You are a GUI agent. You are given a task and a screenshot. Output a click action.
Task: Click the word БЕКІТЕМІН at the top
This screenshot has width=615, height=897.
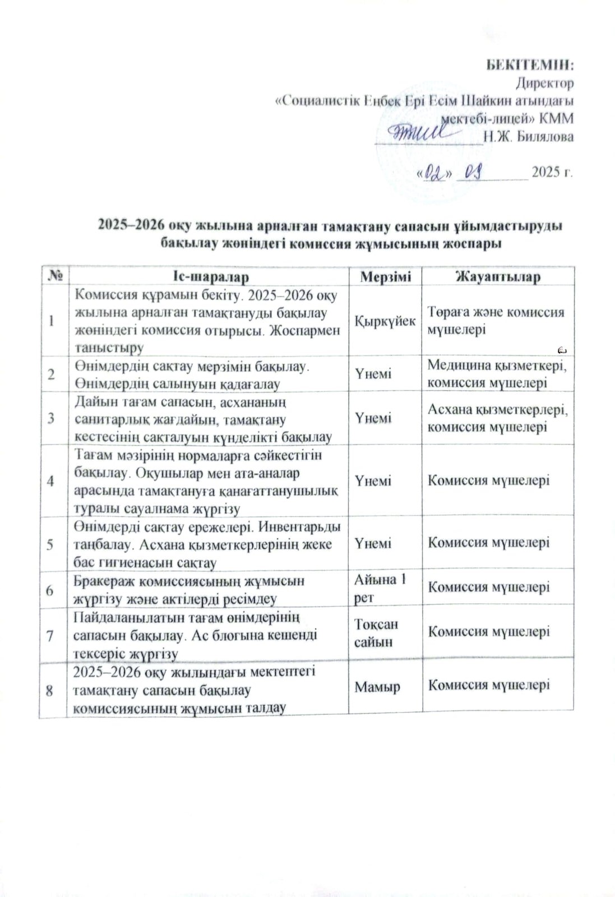(529, 64)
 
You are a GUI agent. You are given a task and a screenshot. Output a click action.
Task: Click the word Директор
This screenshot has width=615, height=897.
(544, 84)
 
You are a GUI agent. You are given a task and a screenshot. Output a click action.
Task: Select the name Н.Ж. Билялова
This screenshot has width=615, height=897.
(528, 137)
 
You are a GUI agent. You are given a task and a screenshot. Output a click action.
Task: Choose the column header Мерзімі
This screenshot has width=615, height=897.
(385, 276)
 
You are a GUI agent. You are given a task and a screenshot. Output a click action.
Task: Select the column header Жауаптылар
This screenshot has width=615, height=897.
(498, 276)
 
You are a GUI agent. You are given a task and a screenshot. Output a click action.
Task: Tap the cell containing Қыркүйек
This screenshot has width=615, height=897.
(385, 321)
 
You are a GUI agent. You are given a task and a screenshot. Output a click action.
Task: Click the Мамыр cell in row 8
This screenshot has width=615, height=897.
(377, 686)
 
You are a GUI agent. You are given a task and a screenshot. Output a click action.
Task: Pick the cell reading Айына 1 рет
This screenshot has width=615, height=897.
(381, 588)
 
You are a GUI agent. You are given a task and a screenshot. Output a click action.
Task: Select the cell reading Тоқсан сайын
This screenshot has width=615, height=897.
(376, 633)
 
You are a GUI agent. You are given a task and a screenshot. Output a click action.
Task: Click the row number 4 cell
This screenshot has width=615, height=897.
(51, 481)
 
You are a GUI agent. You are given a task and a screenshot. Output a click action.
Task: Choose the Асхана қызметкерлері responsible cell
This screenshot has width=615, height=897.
(497, 418)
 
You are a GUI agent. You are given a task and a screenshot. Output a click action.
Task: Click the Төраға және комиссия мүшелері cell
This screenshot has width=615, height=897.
(496, 321)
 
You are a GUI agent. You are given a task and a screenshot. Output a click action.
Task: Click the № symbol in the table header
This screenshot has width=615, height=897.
(55, 276)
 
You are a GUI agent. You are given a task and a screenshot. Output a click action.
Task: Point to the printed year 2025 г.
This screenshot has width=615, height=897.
(552, 172)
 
